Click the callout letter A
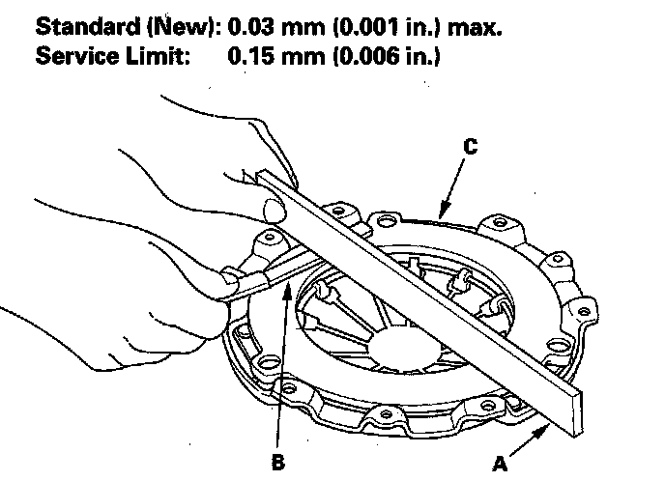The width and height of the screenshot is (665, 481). point(500,464)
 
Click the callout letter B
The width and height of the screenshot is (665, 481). point(278,461)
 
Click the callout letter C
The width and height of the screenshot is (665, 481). point(470,148)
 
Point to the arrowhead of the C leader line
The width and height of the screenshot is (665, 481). point(439,214)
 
